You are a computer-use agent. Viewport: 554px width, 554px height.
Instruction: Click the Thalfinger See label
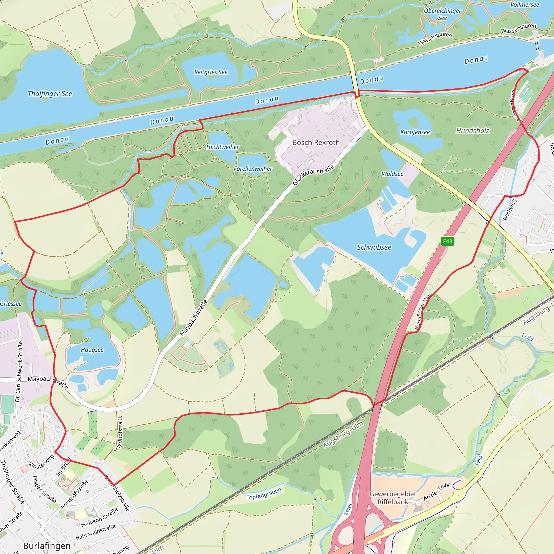[x=50, y=94]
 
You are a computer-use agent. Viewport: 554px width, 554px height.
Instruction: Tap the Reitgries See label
[x=211, y=72]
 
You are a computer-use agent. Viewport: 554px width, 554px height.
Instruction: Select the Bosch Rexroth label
[x=316, y=143]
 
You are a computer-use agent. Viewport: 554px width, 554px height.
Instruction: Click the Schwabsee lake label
[x=374, y=247]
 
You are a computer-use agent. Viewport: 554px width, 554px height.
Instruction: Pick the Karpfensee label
[x=415, y=132]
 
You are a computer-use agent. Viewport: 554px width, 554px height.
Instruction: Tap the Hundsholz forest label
[x=473, y=131]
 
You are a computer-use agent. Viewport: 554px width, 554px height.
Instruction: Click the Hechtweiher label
[x=223, y=147]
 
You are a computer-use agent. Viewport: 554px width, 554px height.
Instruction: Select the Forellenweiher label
[x=253, y=169]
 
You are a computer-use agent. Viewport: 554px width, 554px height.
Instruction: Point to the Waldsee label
[x=392, y=174]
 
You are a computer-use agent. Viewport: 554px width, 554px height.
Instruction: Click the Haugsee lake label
[x=92, y=350]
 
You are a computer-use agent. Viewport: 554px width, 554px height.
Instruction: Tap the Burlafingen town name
[x=47, y=546]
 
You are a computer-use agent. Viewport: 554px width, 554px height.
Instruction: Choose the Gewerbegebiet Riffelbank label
[x=393, y=498]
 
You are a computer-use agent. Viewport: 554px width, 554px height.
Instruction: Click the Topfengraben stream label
[x=264, y=494]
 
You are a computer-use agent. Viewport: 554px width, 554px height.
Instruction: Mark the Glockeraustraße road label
[x=314, y=175]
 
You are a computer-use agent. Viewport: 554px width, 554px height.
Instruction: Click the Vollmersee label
[x=525, y=5]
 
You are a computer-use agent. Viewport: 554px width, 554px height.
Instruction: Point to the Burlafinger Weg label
[x=423, y=311]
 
